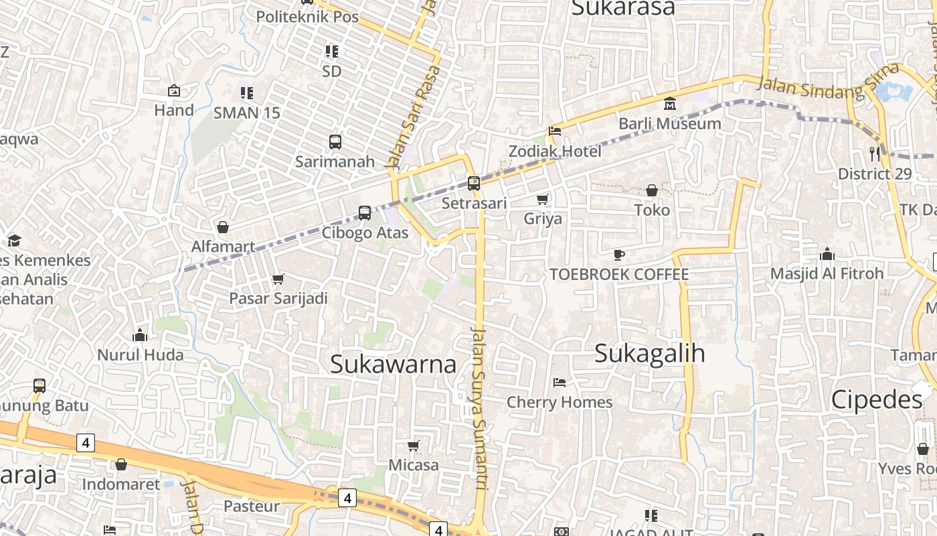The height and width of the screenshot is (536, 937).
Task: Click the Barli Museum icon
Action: tap(670, 104)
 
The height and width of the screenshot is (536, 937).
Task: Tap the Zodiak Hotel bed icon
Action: tap(554, 131)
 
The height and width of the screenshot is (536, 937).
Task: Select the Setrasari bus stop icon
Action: tap(474, 183)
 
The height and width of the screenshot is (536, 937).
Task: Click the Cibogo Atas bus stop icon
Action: tap(365, 213)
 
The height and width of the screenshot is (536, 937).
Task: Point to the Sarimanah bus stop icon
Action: tap(335, 142)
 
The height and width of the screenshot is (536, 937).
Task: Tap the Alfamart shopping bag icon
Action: tap(223, 227)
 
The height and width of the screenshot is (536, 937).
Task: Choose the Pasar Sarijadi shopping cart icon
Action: tap(278, 279)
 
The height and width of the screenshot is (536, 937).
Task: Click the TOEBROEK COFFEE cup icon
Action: tap(619, 255)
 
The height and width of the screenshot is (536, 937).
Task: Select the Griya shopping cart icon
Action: tap(543, 199)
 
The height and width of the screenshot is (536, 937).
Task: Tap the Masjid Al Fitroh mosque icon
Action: tap(827, 254)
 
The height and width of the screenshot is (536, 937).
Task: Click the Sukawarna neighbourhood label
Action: tap(394, 364)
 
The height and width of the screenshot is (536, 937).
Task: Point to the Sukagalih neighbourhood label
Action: tap(649, 353)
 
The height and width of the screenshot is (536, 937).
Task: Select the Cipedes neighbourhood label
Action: tap(877, 400)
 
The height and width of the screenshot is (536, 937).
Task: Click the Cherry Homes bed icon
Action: tap(560, 383)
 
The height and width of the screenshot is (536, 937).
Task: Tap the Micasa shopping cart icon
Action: tap(414, 446)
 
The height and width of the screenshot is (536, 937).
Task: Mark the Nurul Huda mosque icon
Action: tap(140, 335)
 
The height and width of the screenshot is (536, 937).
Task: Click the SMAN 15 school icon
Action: tap(247, 92)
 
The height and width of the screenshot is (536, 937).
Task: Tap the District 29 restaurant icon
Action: tap(875, 154)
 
